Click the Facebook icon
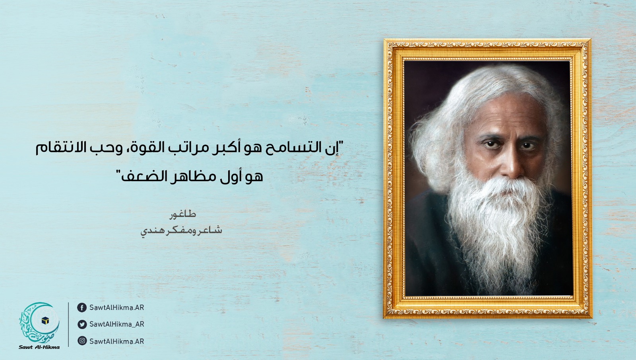coord(82,308)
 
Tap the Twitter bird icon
coord(82,324)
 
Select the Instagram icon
coord(82,341)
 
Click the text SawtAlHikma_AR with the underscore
coord(117,324)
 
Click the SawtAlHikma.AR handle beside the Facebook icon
coord(117,308)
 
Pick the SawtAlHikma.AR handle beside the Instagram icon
coord(117,341)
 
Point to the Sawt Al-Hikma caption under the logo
coord(39,347)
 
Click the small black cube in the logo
coord(45,321)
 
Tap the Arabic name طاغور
coord(183,214)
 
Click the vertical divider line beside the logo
coord(68,325)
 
